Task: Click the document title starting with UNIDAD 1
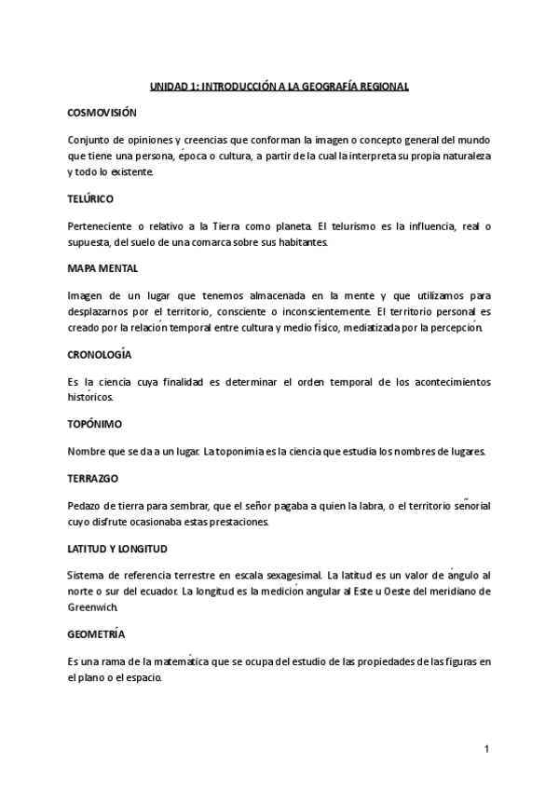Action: pos(279,86)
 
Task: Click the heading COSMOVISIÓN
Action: pos(102,113)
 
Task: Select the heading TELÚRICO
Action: pos(91,198)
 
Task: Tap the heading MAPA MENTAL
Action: pos(103,268)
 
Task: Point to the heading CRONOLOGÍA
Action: pos(100,355)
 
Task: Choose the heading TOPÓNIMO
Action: pos(94,425)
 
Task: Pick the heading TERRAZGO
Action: pos(94,478)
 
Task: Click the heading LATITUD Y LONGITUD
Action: pos(117,548)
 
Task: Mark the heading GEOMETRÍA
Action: pos(96,634)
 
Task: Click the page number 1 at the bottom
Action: pos(486,749)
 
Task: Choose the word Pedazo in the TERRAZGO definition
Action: pos(84,505)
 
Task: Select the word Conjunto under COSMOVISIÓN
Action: pos(87,139)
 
